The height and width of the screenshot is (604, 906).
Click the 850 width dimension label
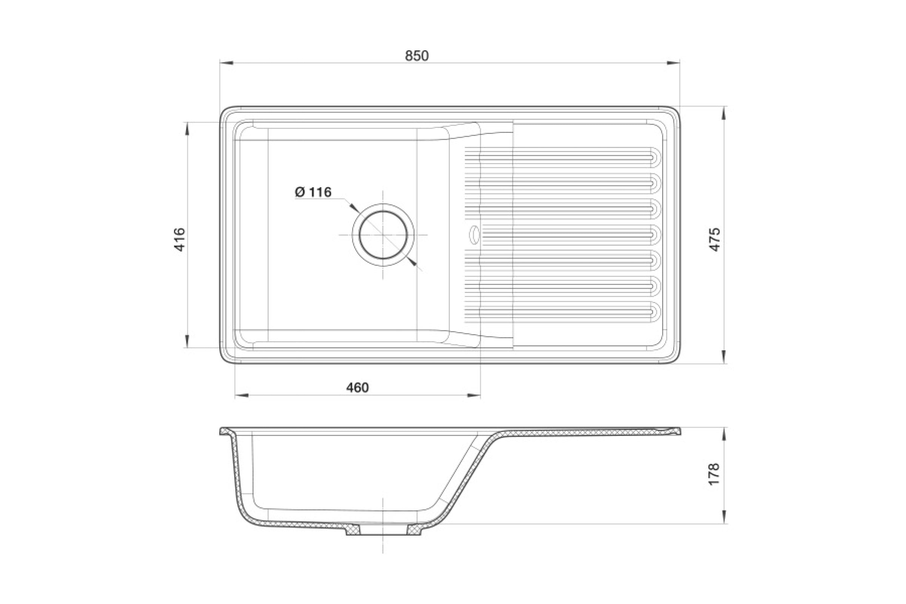417,56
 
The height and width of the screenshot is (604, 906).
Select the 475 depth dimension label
715,240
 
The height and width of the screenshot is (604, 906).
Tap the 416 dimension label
180,240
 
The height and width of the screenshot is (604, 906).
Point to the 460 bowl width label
357,388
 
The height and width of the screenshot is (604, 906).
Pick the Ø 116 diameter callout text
313,192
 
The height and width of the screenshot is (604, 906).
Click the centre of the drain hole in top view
383,234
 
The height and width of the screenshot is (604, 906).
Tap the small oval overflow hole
473,234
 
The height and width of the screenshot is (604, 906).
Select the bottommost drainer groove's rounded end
655,311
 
